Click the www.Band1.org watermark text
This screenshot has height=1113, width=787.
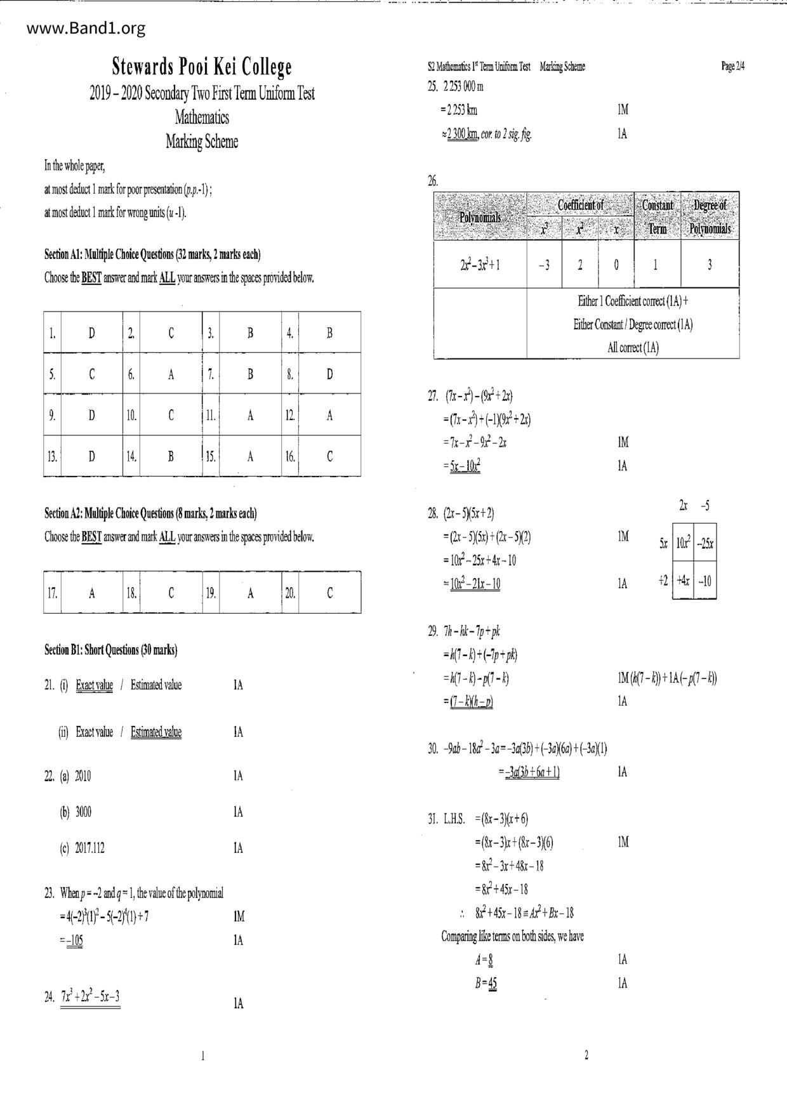(86, 29)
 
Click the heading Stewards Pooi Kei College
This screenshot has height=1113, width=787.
(202, 67)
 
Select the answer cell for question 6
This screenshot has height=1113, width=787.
(171, 374)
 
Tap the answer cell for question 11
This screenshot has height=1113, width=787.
(250, 416)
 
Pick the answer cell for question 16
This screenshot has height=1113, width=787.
(329, 456)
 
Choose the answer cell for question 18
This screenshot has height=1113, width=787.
(171, 593)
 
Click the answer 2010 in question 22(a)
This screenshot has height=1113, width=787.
(83, 776)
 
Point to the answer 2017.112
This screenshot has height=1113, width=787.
(89, 848)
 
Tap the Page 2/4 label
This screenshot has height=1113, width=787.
(732, 66)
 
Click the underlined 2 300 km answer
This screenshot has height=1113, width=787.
(463, 134)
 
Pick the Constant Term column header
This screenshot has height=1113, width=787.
(657, 216)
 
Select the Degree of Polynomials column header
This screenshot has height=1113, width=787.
(710, 216)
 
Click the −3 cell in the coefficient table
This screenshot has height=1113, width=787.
(544, 265)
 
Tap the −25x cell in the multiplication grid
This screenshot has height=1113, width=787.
(704, 544)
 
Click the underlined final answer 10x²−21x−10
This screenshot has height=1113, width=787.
(475, 584)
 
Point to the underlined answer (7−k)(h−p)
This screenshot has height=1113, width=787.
(471, 702)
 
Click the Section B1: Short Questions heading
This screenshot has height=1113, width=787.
(111, 650)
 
